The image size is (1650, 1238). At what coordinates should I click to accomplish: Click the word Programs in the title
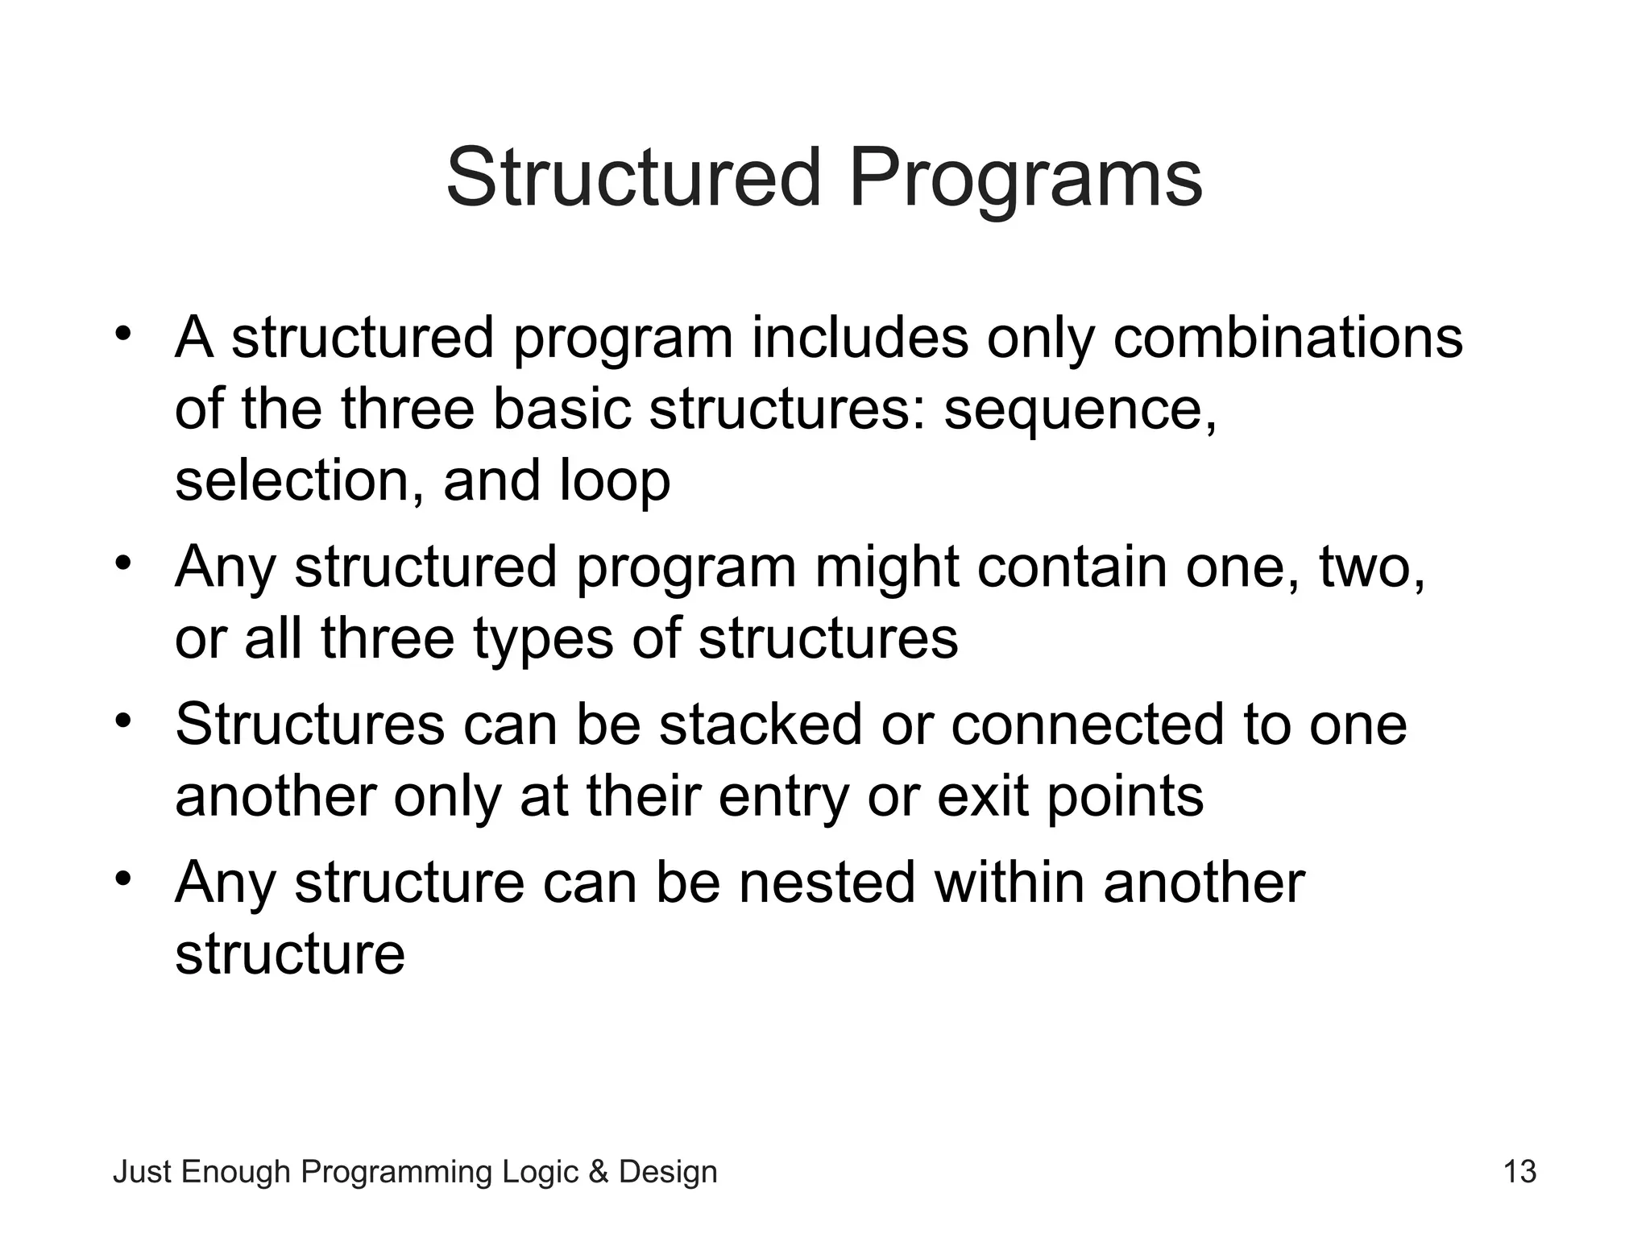[1025, 179]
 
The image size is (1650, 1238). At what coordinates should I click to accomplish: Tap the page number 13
[1519, 1172]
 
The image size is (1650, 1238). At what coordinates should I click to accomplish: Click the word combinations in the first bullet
[1287, 338]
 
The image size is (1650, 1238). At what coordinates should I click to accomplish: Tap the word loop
[614, 480]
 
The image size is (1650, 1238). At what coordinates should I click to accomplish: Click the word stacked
[761, 725]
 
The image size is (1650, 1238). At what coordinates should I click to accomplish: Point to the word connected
[1088, 725]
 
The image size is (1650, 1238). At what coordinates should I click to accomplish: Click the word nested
[827, 883]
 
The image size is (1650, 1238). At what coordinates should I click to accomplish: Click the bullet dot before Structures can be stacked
[122, 719]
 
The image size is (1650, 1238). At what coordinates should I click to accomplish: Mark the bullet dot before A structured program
[122, 333]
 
